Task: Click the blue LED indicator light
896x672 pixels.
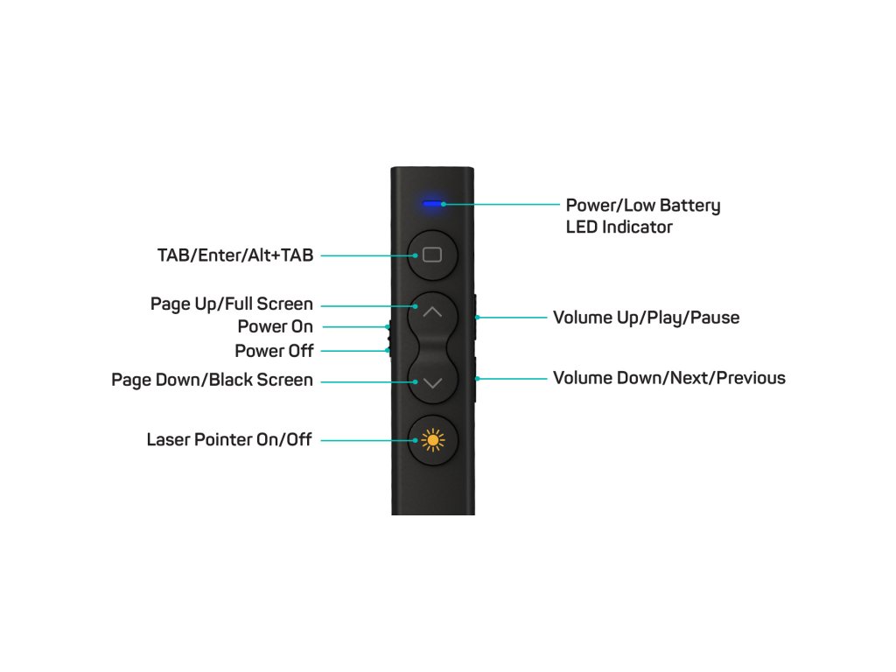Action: pyautogui.click(x=430, y=204)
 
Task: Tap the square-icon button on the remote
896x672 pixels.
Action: pyautogui.click(x=432, y=255)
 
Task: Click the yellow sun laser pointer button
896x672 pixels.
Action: pyautogui.click(x=432, y=440)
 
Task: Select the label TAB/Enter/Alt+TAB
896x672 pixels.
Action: pyautogui.click(x=234, y=255)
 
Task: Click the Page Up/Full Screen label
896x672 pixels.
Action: pyautogui.click(x=231, y=304)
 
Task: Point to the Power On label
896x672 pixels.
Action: pyautogui.click(x=275, y=326)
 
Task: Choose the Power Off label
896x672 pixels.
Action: pyautogui.click(x=273, y=351)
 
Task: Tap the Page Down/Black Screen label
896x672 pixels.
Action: pyautogui.click(x=212, y=381)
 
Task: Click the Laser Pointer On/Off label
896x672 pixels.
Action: pyautogui.click(x=228, y=440)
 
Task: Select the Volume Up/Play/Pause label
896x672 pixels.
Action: pyautogui.click(x=646, y=318)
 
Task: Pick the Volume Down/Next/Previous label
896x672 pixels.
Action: pyautogui.click(x=668, y=378)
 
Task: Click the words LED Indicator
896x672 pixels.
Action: pyautogui.click(x=619, y=227)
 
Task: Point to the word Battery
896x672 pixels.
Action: pyautogui.click(x=686, y=206)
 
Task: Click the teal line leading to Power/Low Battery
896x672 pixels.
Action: pyautogui.click(x=503, y=204)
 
